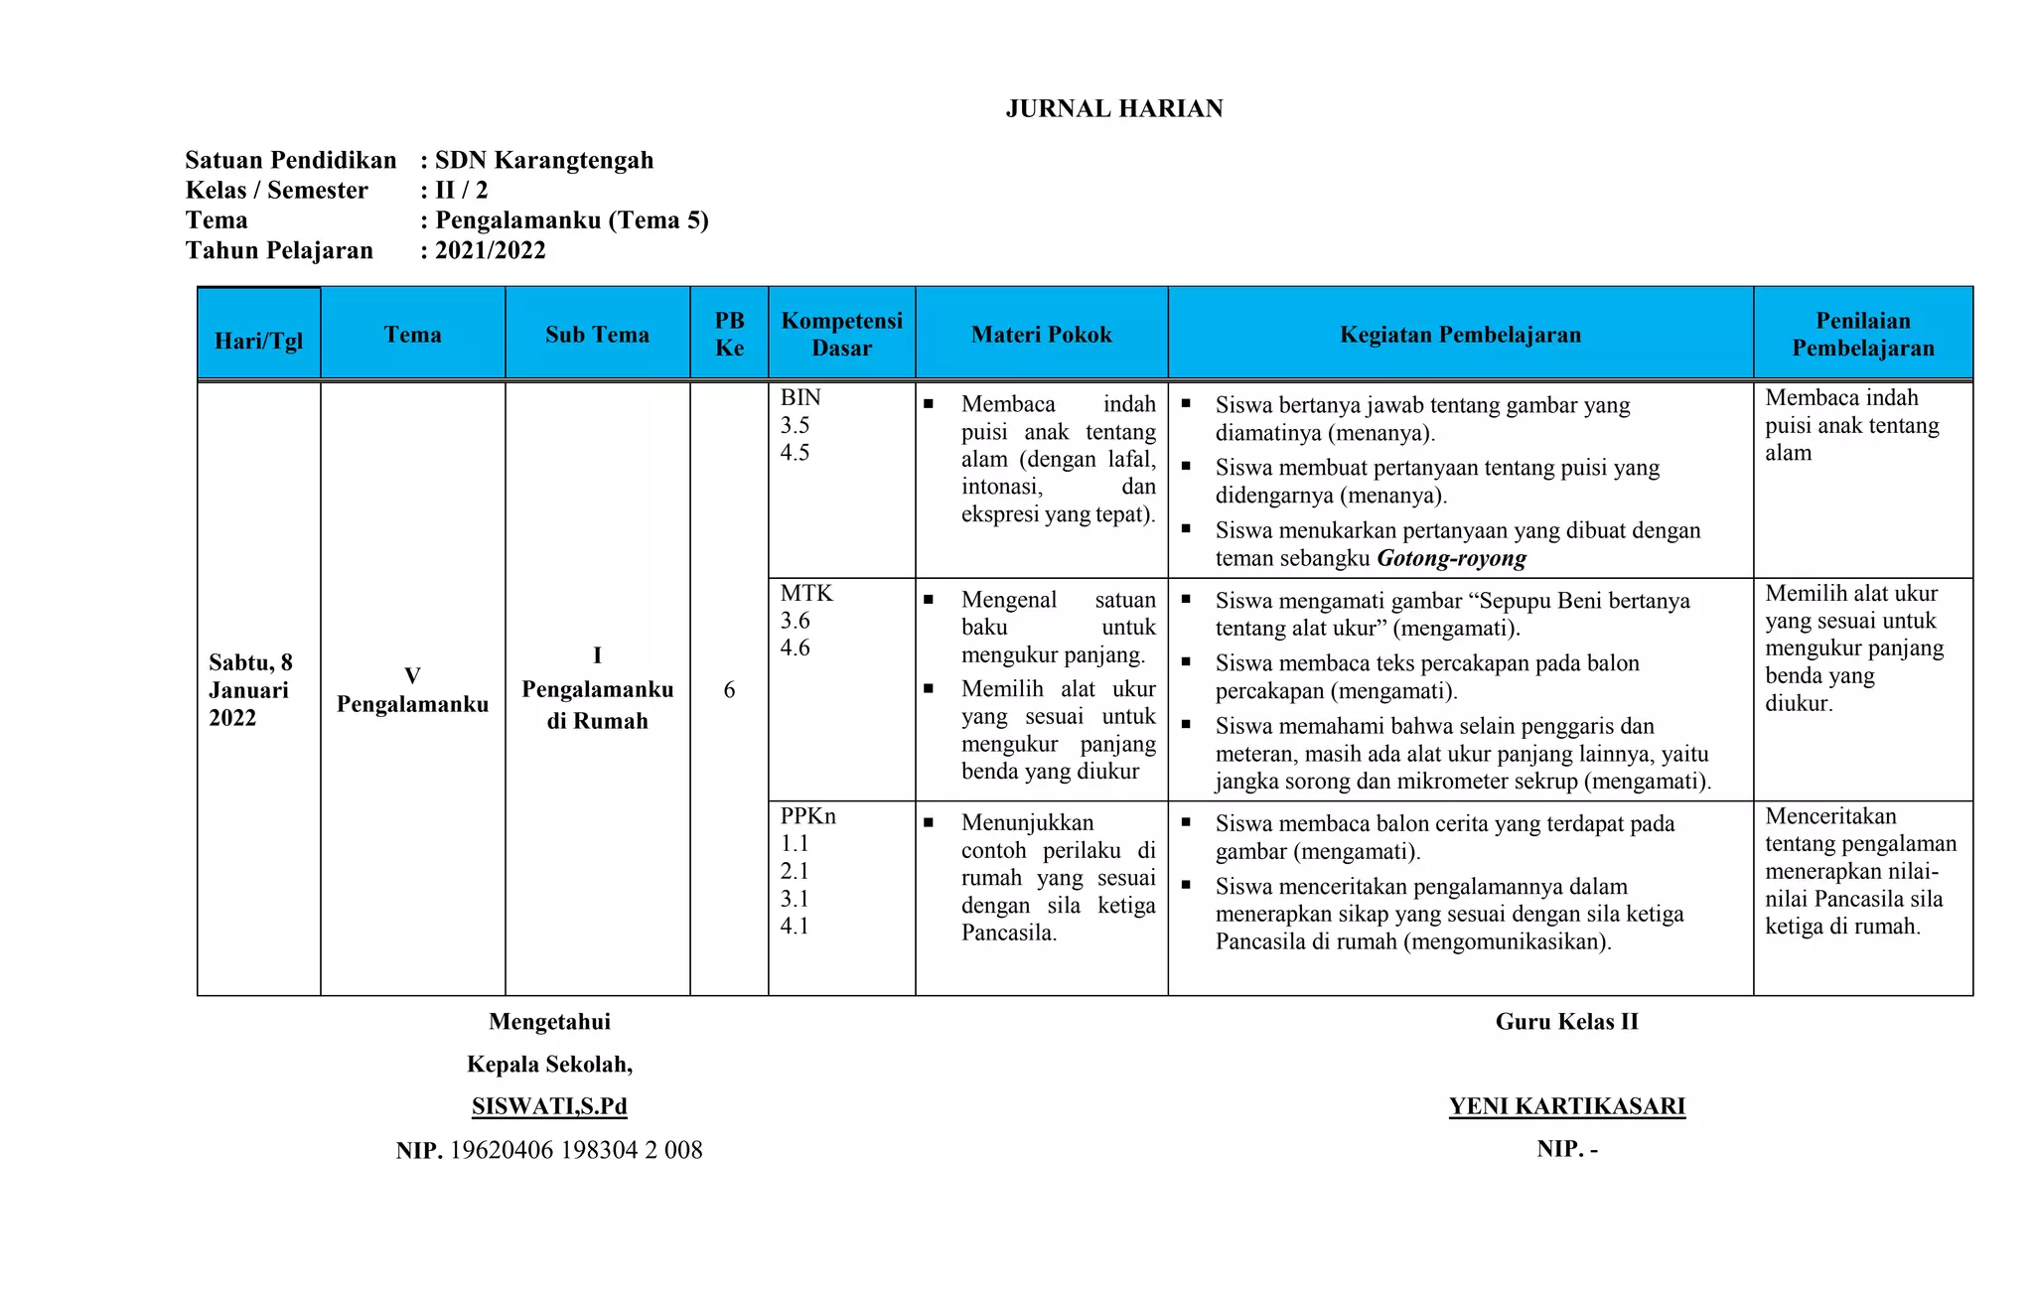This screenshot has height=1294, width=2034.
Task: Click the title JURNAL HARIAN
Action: tap(1113, 108)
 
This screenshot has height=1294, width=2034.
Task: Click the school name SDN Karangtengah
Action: tap(544, 160)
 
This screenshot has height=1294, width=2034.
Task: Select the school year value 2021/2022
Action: tap(490, 250)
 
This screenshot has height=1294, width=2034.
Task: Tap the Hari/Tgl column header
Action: tap(258, 341)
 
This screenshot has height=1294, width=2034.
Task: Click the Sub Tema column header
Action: tap(597, 335)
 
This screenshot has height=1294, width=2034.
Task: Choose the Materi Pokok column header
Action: tap(1041, 335)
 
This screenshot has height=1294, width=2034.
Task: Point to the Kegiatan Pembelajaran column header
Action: tap(1460, 335)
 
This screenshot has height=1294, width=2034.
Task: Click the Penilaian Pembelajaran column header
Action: tap(1862, 335)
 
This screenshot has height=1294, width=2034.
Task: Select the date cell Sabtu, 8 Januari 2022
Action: tap(250, 690)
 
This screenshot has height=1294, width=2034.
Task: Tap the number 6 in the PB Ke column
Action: tap(729, 690)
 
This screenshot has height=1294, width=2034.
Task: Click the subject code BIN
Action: tap(800, 398)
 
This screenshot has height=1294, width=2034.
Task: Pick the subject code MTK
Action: tap(806, 594)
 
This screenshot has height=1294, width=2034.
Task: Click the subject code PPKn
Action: tap(807, 816)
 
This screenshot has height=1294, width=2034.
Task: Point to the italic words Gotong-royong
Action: tap(1451, 558)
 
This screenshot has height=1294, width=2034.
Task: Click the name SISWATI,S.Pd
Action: tap(549, 1106)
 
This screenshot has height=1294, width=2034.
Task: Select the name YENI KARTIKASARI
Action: tap(1566, 1106)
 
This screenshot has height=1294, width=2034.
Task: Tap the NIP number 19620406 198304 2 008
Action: tap(576, 1150)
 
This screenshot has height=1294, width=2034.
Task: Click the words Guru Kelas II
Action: tap(1566, 1022)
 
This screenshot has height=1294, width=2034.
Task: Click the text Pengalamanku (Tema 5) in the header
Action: tap(571, 220)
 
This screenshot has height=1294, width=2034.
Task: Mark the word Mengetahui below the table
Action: tap(549, 1022)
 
